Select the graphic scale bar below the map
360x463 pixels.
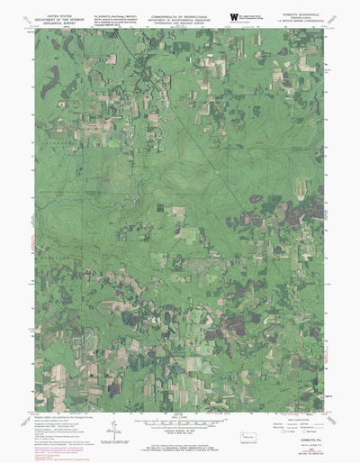pyautogui.click(x=180, y=421)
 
